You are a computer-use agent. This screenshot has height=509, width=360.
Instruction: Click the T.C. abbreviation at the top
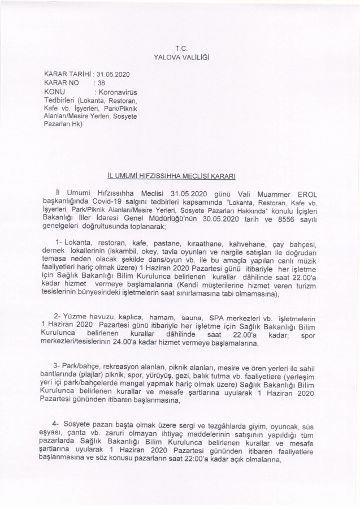(181, 50)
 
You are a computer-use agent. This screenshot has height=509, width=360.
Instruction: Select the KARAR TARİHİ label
(69, 74)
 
